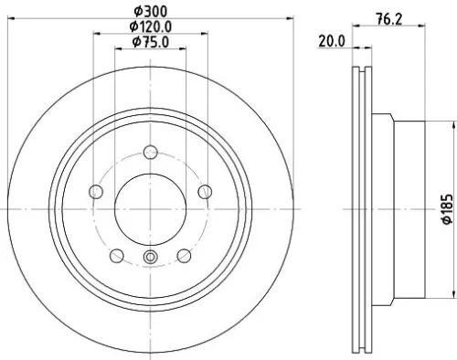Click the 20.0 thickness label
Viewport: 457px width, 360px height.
(331, 41)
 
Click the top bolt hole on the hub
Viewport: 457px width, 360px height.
(149, 154)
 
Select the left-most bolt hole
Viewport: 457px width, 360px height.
(95, 191)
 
